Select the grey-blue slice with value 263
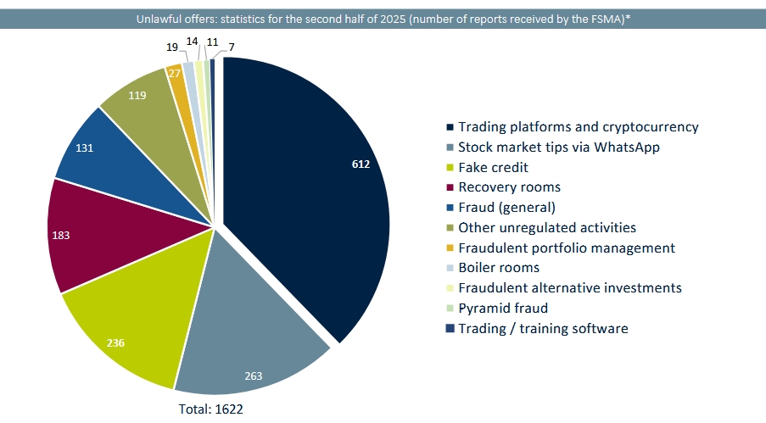254,339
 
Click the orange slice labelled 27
176,75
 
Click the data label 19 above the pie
171,47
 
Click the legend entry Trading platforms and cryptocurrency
578,127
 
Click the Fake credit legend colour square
450,168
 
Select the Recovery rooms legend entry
509,187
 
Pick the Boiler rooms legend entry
500,268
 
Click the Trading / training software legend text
543,329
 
